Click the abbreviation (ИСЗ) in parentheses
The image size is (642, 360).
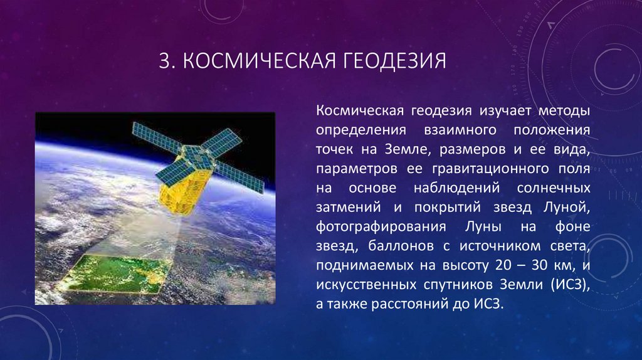pyautogui.click(x=570, y=283)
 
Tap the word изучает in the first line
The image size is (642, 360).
pyautogui.click(x=504, y=111)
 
